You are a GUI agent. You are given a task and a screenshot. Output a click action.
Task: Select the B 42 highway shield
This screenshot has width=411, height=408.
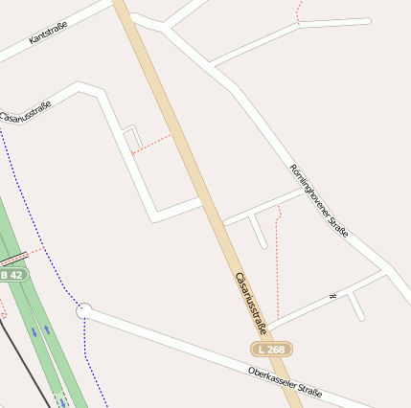pyautogui.click(x=12, y=275)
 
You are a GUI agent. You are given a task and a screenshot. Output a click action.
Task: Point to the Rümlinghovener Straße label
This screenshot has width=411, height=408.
pyautogui.click(x=320, y=200)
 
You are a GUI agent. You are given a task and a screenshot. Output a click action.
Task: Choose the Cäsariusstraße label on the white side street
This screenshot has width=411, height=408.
pyautogui.click(x=26, y=112)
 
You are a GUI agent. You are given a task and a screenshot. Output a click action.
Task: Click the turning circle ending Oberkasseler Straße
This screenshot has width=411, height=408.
pyautogui.click(x=83, y=311)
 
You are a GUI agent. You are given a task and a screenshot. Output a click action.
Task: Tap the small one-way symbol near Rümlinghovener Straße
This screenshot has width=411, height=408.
pyautogui.click(x=332, y=297)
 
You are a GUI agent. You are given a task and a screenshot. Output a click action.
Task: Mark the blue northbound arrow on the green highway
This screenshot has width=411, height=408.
pyautogui.click(x=48, y=332)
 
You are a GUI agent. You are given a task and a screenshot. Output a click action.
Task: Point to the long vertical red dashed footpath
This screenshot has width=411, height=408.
pyautogui.click(x=277, y=263)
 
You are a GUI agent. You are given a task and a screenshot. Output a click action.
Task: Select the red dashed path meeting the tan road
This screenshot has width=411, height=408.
pyautogui.click(x=151, y=144)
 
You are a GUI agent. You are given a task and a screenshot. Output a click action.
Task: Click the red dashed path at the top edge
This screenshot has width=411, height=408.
pyautogui.click(x=299, y=11)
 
